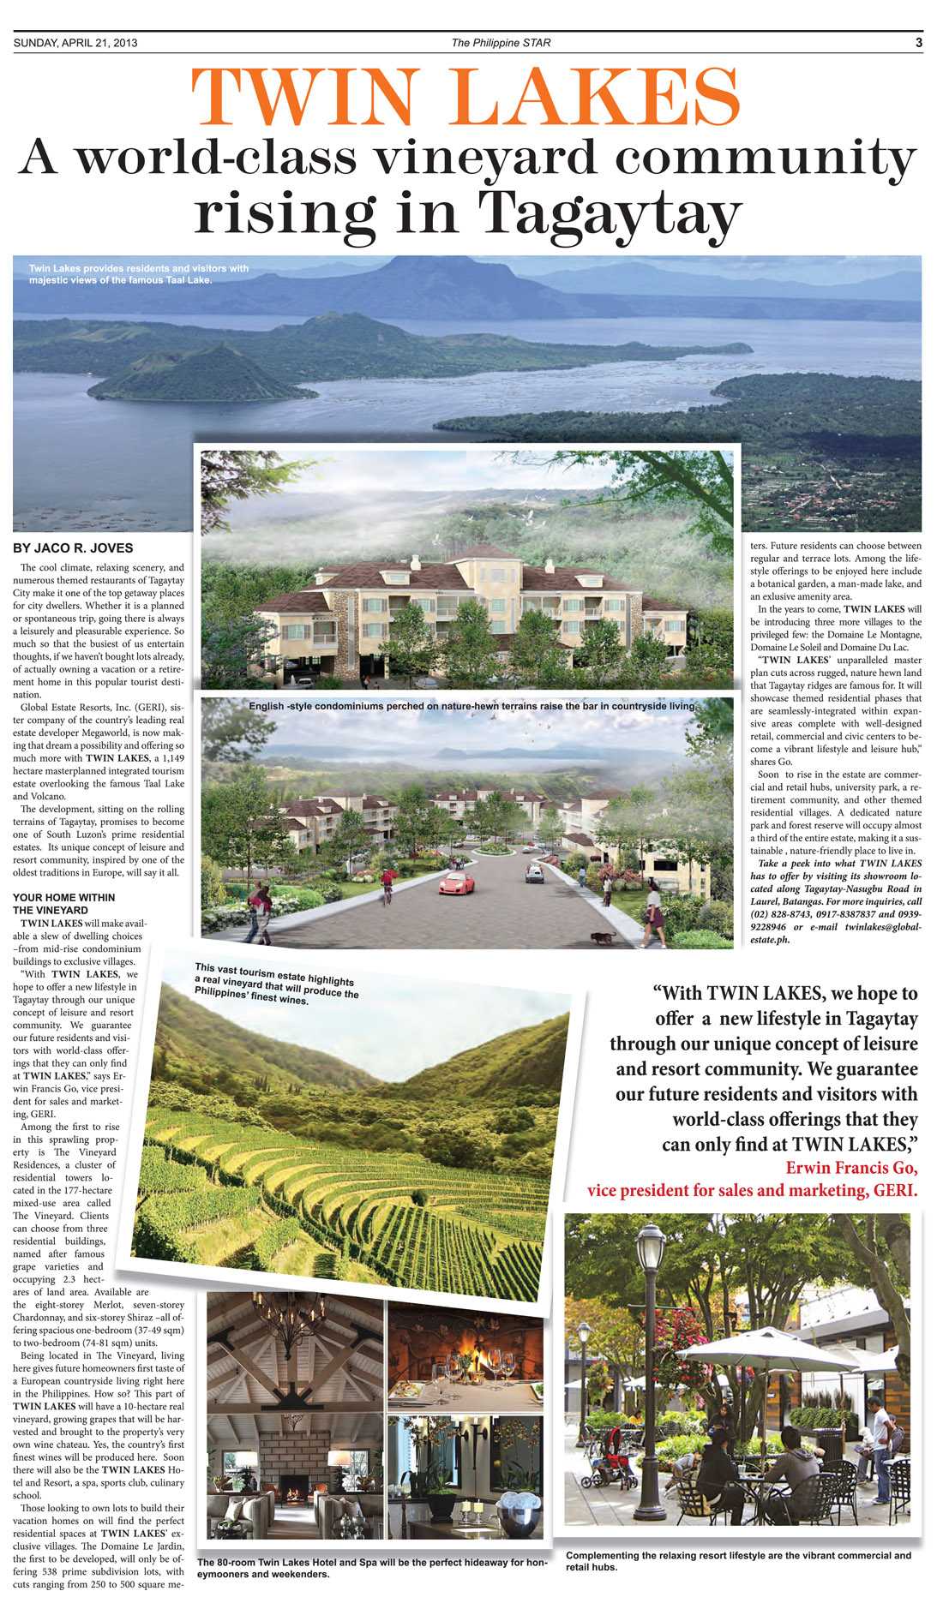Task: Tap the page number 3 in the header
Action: click(918, 42)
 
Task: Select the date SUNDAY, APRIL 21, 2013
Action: click(75, 43)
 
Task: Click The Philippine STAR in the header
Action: click(501, 43)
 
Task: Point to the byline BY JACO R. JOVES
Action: click(73, 548)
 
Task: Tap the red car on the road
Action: click(456, 883)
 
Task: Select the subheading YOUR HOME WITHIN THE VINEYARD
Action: click(63, 903)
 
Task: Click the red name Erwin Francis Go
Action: click(851, 1169)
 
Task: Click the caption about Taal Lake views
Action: click(139, 274)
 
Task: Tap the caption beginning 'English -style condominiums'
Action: click(471, 707)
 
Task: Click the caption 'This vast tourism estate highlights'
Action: click(276, 984)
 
